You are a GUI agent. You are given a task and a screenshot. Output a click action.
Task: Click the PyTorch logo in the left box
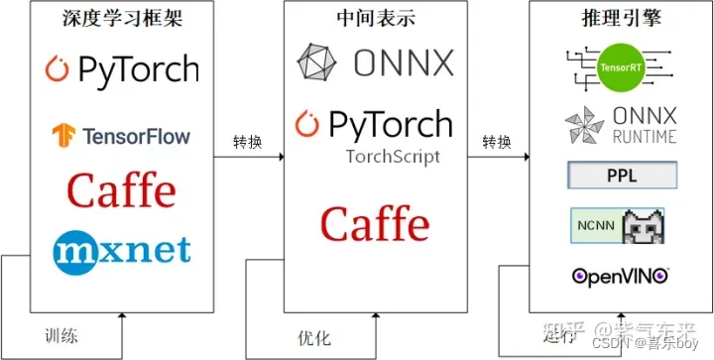click(x=122, y=69)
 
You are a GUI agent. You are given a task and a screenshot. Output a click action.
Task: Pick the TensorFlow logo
click(x=122, y=134)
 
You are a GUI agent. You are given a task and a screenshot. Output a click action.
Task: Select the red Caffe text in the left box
click(x=121, y=190)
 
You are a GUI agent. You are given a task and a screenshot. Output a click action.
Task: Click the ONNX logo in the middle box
click(x=375, y=62)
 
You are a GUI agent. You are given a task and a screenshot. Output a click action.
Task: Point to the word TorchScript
click(x=393, y=156)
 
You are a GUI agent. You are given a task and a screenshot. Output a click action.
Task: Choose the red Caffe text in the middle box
click(x=375, y=224)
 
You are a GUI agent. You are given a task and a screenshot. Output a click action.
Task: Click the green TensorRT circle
click(x=621, y=68)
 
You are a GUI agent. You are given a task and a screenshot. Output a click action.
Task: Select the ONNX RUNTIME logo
click(x=621, y=124)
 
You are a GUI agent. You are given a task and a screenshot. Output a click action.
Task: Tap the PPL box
click(x=622, y=177)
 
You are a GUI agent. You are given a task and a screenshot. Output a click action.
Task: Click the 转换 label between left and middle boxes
click(x=248, y=142)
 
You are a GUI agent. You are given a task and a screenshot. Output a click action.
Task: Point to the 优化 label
click(x=313, y=335)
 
